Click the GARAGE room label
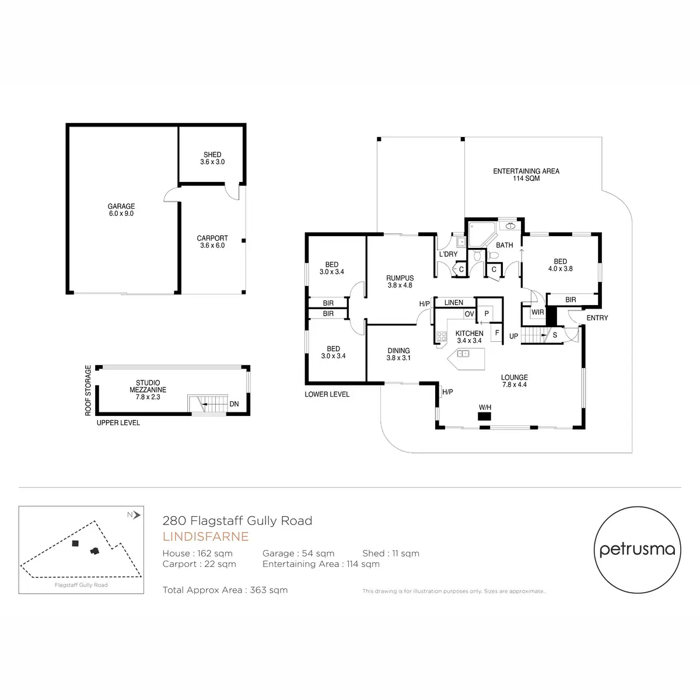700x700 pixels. [x=121, y=209]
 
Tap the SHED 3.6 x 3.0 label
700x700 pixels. [x=212, y=158]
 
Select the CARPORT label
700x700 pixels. [x=212, y=242]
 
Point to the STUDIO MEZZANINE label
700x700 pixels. [x=148, y=390]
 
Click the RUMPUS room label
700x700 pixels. [x=400, y=282]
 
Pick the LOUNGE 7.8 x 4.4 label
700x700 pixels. [x=514, y=381]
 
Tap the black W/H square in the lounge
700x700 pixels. [x=484, y=416]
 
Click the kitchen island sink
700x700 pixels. [x=463, y=353]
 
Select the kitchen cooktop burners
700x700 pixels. [x=442, y=336]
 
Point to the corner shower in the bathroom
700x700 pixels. [x=481, y=235]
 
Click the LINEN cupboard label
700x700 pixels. [x=453, y=302]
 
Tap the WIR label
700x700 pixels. [x=537, y=312]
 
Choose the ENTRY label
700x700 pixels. [x=597, y=318]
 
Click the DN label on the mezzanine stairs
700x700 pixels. [x=234, y=404]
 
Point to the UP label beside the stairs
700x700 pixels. [x=513, y=336]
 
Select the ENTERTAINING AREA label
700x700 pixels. [x=526, y=174]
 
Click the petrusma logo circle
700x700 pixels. [x=637, y=549]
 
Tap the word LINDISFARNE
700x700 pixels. [x=205, y=537]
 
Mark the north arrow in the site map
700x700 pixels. [x=136, y=514]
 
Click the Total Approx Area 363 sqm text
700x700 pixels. [x=225, y=590]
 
